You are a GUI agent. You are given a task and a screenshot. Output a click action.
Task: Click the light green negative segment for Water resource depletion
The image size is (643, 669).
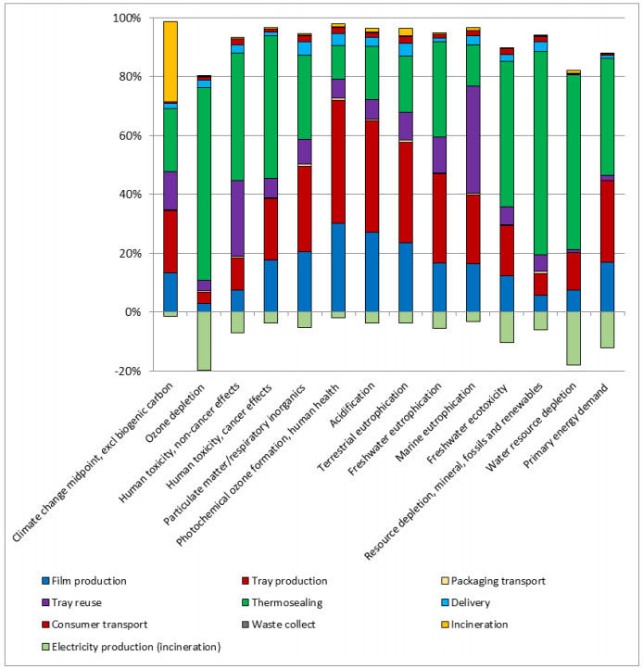(574, 338)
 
